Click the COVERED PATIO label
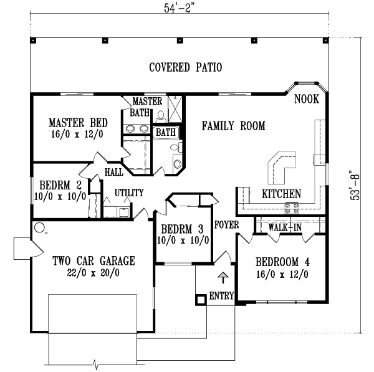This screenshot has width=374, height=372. tap(186, 67)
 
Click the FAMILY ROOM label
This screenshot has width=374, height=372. tap(233, 126)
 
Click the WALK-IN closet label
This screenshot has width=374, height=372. tap(285, 227)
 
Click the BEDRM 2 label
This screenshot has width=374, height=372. tap(61, 184)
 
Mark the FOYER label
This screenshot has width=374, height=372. tap(224, 224)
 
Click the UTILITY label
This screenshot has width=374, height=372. tap(129, 193)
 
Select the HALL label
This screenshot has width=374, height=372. tap(113, 172)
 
